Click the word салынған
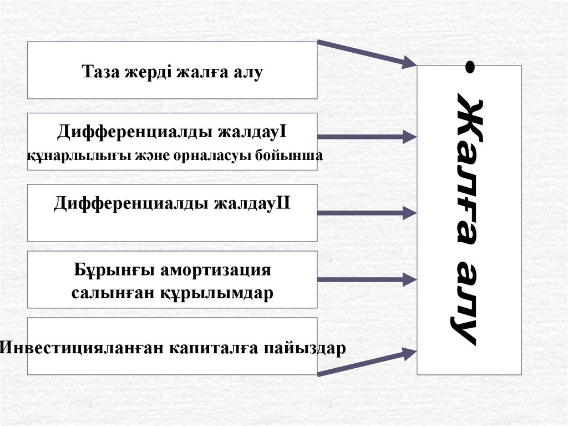click(108, 293)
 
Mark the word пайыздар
click(305, 348)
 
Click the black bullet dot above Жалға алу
click(470, 67)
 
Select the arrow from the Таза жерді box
click(366, 54)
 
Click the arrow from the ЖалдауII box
click(366, 212)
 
